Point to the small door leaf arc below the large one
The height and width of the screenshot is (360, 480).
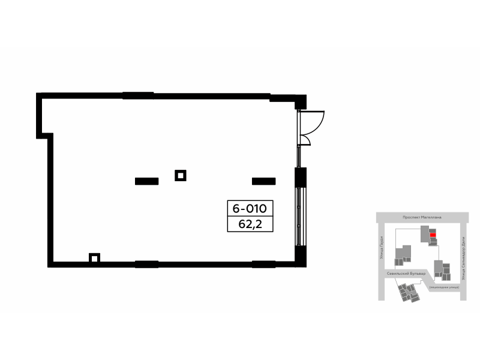[x=306, y=140]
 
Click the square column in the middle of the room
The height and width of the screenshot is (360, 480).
[x=180, y=175]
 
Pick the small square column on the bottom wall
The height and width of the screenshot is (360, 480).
[x=94, y=258]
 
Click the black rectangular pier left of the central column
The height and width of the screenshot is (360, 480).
[x=146, y=181]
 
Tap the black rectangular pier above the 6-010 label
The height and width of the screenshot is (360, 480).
[x=263, y=181]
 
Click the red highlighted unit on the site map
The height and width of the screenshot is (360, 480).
[x=433, y=236]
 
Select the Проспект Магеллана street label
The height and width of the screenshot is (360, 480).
[x=422, y=218]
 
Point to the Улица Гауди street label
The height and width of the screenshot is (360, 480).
[x=381, y=247]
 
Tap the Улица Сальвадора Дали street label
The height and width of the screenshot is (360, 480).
[x=464, y=259]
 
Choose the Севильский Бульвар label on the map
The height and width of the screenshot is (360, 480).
[x=405, y=273]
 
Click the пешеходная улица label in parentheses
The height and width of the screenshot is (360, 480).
[x=444, y=288]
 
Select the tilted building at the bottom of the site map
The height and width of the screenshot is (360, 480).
[x=409, y=292]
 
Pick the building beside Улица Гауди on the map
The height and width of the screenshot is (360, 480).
[x=403, y=256]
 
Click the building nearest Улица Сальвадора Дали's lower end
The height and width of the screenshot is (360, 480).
[x=445, y=271]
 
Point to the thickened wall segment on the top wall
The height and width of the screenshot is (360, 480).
[x=138, y=94]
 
